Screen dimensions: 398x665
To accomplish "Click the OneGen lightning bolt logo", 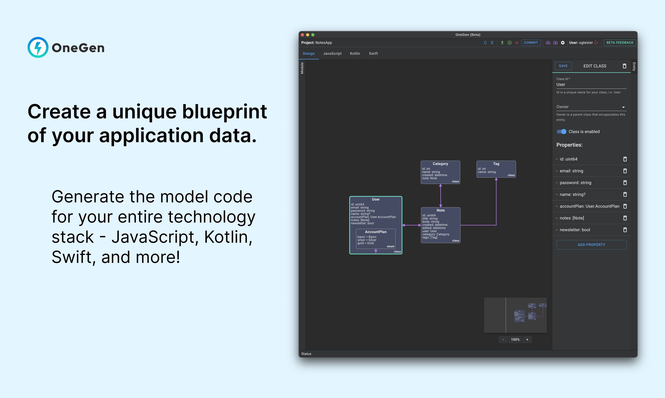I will [x=38, y=47].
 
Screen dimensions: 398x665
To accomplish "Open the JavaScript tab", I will [x=332, y=53].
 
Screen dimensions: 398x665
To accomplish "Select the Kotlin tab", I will [x=355, y=53].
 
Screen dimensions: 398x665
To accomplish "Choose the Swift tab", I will [x=373, y=53].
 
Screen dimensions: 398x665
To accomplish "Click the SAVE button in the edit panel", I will [x=563, y=66].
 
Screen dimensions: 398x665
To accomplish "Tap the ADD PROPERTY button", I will [x=591, y=245].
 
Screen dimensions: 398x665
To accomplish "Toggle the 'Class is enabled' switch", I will [x=561, y=131].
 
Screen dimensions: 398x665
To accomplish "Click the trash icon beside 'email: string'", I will [x=625, y=171].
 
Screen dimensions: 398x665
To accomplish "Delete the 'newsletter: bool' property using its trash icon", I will [x=625, y=230].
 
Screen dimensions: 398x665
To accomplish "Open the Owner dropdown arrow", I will [x=623, y=107].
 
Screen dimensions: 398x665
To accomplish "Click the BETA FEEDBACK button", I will [x=620, y=43].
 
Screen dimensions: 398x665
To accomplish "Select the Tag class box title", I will [x=496, y=164].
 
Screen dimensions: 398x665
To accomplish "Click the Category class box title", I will [x=440, y=164].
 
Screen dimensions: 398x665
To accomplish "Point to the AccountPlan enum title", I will [x=376, y=232].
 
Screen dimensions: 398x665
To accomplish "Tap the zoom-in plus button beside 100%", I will [x=527, y=340].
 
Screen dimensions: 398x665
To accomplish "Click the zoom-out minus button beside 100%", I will [x=503, y=340].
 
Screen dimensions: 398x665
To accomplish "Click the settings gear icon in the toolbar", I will [x=563, y=43].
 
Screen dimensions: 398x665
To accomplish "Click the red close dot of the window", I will [x=302, y=35].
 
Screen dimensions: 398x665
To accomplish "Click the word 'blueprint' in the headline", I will [x=224, y=111].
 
